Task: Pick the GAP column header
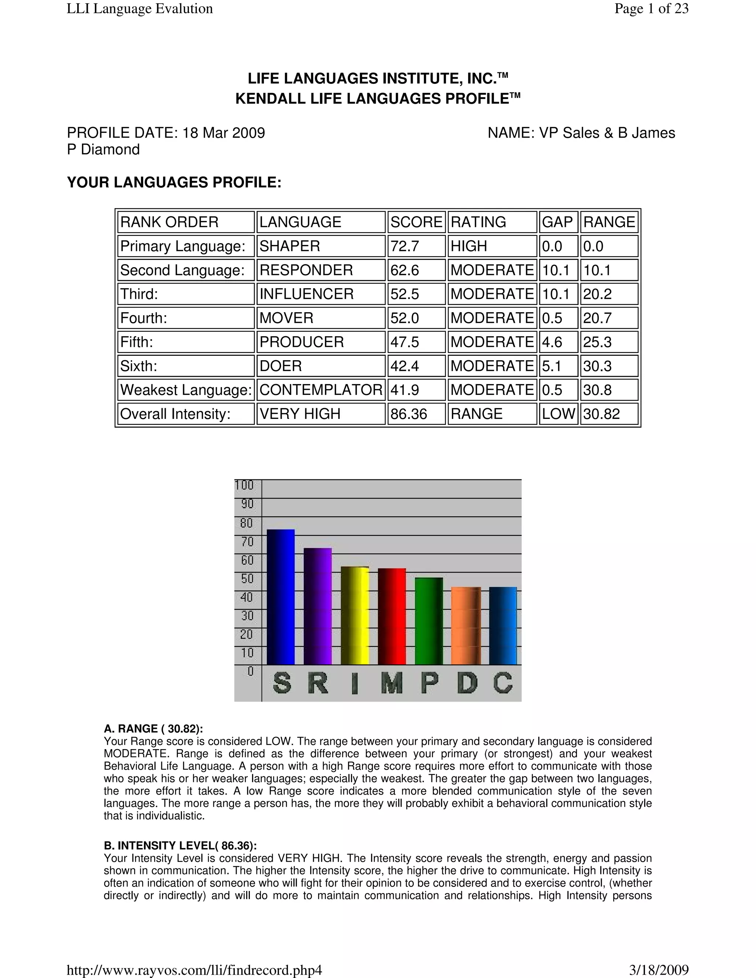(x=558, y=222)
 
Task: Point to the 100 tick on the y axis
(x=244, y=485)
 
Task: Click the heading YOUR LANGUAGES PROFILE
(x=174, y=183)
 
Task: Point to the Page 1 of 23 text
(x=651, y=8)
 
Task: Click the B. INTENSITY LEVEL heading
(x=181, y=846)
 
